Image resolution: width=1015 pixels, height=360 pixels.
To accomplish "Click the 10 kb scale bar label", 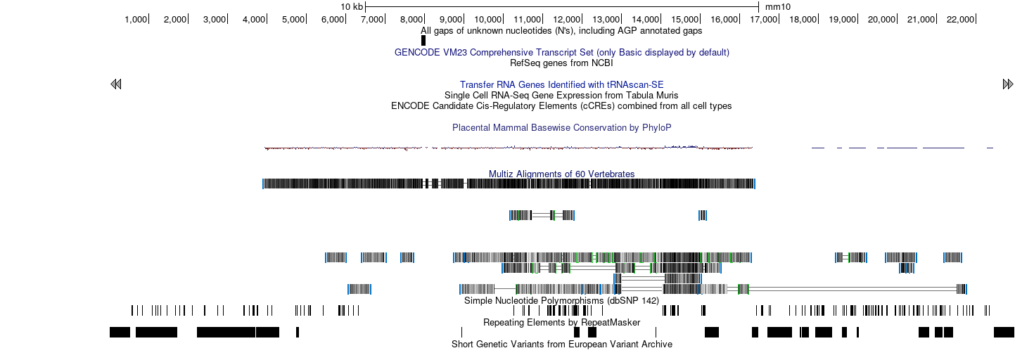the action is click(352, 7).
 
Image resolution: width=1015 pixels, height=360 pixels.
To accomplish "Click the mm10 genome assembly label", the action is click(777, 7).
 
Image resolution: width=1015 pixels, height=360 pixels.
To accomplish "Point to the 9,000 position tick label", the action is click(451, 20).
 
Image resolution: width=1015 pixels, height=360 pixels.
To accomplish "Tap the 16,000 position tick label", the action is click(724, 20).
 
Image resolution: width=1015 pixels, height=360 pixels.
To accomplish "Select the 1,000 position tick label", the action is click(136, 20).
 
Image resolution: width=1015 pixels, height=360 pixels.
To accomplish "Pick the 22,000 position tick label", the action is click(961, 20).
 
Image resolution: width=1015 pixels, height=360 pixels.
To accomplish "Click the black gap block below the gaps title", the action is click(423, 40).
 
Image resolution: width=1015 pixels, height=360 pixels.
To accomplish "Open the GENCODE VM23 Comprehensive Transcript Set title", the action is click(562, 53).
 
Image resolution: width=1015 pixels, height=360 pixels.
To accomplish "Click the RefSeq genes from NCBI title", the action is click(561, 63).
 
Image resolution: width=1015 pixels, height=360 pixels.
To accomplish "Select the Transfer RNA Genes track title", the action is click(562, 84).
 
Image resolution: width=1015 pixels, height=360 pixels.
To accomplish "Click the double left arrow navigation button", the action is click(116, 84).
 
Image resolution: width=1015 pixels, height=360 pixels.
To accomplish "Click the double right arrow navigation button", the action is click(1008, 84).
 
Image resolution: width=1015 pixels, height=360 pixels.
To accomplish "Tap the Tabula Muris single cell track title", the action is click(561, 96).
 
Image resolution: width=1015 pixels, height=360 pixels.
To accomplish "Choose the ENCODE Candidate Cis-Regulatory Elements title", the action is click(561, 106).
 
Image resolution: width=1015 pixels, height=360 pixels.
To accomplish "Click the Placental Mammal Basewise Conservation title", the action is click(562, 128).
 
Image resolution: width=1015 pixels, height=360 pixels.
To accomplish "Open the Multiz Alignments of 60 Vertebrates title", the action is click(562, 174).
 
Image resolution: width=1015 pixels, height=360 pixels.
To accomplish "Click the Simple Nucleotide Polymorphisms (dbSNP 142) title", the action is click(561, 301).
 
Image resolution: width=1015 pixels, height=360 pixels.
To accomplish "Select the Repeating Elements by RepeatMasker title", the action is click(561, 323).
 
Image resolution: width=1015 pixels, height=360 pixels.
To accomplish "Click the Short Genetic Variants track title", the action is click(562, 344).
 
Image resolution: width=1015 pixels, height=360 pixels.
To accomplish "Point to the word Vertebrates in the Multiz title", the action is click(612, 174).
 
